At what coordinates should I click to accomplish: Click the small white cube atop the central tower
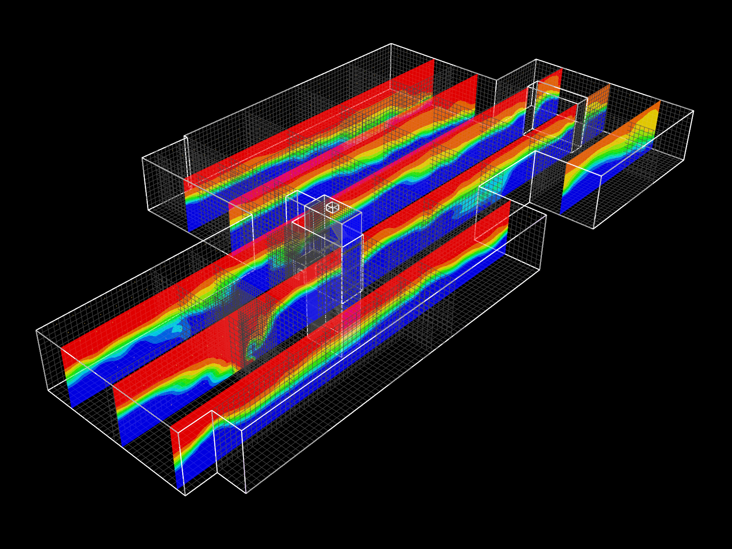(x=332, y=207)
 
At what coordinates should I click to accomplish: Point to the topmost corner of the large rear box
(x=391, y=44)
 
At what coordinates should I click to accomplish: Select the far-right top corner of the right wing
(x=693, y=111)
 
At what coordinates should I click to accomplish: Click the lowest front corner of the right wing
(x=593, y=229)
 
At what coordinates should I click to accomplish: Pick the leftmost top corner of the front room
(x=36, y=330)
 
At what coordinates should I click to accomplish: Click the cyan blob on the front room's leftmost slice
(x=177, y=329)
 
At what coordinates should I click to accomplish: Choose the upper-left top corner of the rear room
(x=142, y=158)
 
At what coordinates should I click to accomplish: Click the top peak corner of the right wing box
(x=536, y=59)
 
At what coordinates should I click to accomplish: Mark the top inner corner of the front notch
(x=212, y=411)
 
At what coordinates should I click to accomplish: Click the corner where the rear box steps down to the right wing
(x=496, y=80)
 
